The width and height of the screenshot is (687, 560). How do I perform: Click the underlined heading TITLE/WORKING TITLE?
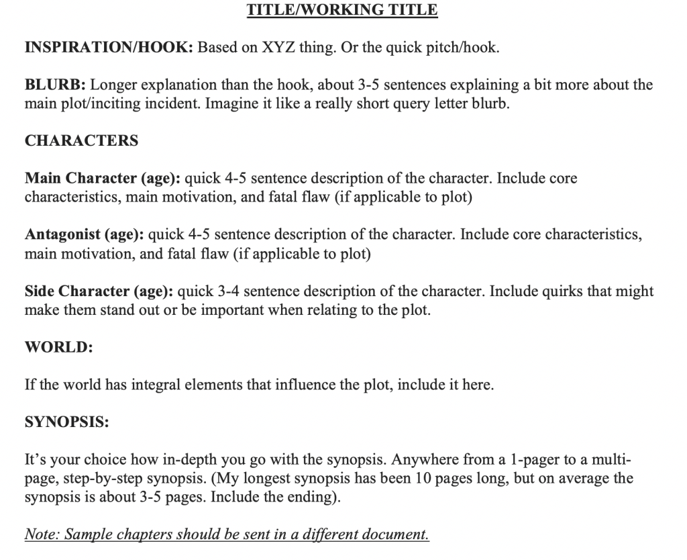[x=342, y=10]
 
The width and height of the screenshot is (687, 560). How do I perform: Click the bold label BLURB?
[x=55, y=85]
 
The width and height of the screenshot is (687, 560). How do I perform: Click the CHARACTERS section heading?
[x=81, y=141]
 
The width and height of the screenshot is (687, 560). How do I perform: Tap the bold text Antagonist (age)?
[x=84, y=235]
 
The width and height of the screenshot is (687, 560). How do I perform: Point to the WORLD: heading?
[x=58, y=348]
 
